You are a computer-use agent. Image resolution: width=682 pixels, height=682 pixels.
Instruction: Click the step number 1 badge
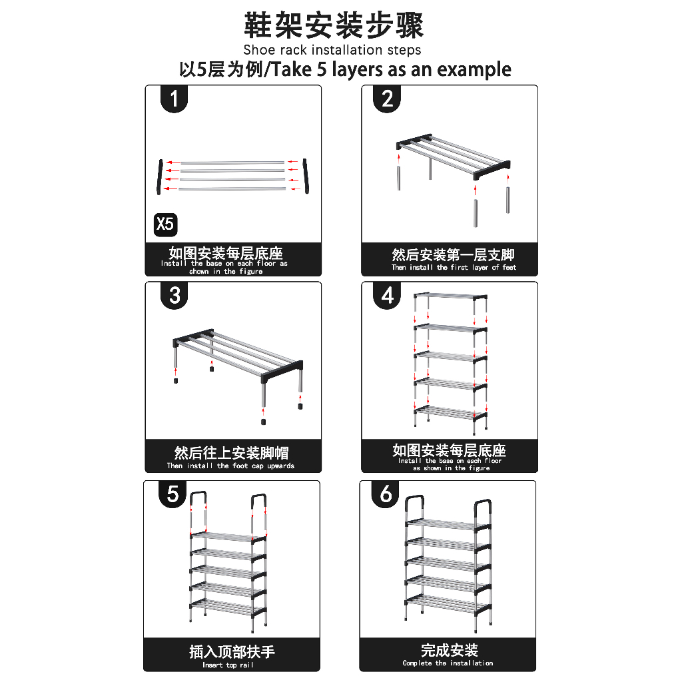(x=174, y=99)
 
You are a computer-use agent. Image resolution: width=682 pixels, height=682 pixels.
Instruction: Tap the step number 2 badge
(x=387, y=99)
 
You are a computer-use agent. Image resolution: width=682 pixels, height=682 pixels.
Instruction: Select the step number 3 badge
(x=174, y=295)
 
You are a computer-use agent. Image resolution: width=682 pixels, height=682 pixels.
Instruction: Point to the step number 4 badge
(x=387, y=295)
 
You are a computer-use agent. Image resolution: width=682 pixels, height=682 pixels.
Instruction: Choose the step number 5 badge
(x=172, y=494)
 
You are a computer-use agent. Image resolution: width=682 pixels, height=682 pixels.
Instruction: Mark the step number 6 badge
(x=386, y=494)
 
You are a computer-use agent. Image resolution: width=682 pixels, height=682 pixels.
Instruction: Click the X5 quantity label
(x=165, y=224)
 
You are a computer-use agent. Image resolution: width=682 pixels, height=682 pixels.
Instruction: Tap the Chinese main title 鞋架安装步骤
(x=334, y=25)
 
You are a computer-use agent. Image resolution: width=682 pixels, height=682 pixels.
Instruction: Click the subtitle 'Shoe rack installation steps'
(x=332, y=50)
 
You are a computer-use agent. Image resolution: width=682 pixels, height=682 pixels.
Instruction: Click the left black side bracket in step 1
(x=160, y=176)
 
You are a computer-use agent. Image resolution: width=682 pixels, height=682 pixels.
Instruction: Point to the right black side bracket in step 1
(x=306, y=176)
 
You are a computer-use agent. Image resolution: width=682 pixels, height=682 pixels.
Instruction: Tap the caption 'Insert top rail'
(x=228, y=665)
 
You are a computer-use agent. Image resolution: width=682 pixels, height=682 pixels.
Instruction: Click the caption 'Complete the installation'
(x=448, y=663)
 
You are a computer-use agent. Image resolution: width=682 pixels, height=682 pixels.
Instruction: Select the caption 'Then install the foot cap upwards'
(x=230, y=466)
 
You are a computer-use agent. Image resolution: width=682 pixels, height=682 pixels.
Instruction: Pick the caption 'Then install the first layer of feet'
(x=454, y=268)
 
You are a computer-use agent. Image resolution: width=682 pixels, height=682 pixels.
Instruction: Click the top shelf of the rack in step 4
(x=450, y=296)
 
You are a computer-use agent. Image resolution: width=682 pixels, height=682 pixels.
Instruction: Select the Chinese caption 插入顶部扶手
(x=232, y=651)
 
